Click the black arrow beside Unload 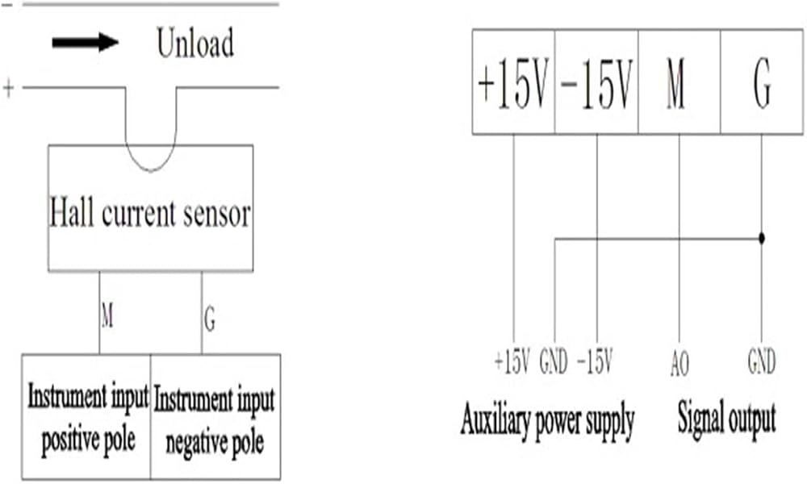tap(86, 42)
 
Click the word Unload tap(195, 43)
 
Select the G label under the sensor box tap(210, 319)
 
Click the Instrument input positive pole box tap(86, 416)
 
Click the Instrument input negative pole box tap(215, 416)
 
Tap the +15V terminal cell tap(513, 82)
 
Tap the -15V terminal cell tap(596, 82)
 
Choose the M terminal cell tap(679, 82)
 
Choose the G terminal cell tap(762, 82)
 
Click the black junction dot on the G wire tap(762, 239)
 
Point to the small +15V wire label tap(512, 361)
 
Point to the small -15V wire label tap(595, 361)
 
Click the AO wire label tap(679, 364)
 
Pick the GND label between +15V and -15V tap(554, 361)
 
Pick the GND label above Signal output tap(762, 361)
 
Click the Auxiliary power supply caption tap(547, 421)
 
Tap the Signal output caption tap(726, 419)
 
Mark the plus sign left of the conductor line tap(8, 89)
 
